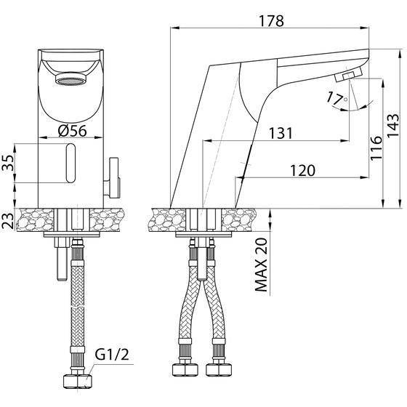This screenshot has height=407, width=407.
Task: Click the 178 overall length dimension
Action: [272, 21]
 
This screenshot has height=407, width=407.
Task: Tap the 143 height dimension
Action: [392, 125]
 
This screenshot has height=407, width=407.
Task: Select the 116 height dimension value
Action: [376, 148]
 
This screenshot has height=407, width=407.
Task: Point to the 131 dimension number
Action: [281, 133]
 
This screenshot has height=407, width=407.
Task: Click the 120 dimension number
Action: [302, 171]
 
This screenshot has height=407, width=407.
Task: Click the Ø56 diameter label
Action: [72, 131]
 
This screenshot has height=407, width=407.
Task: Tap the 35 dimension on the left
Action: [7, 163]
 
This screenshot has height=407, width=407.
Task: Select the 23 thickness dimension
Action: [7, 221]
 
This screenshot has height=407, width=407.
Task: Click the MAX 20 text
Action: [261, 265]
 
